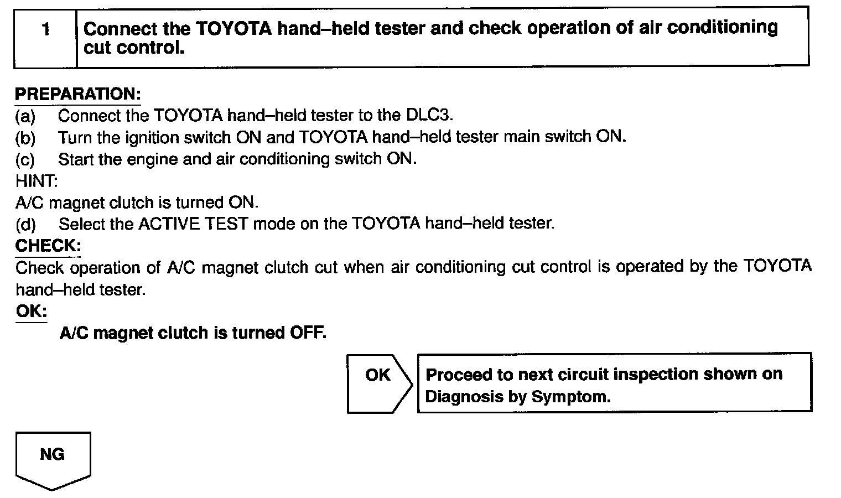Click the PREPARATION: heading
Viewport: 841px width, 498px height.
[x=77, y=94]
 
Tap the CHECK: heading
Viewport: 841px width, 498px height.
[x=48, y=246]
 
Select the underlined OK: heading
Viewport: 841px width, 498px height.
[x=31, y=311]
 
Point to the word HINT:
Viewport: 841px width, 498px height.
[x=37, y=181]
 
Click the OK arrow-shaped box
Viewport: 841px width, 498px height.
[x=378, y=383]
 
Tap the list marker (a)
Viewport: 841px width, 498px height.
[x=25, y=116]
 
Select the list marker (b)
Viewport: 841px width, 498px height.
[x=25, y=138]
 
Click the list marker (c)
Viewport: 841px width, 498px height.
[x=25, y=160]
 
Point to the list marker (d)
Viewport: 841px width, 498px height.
[x=25, y=225]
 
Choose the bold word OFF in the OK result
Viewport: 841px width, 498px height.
[x=308, y=333]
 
